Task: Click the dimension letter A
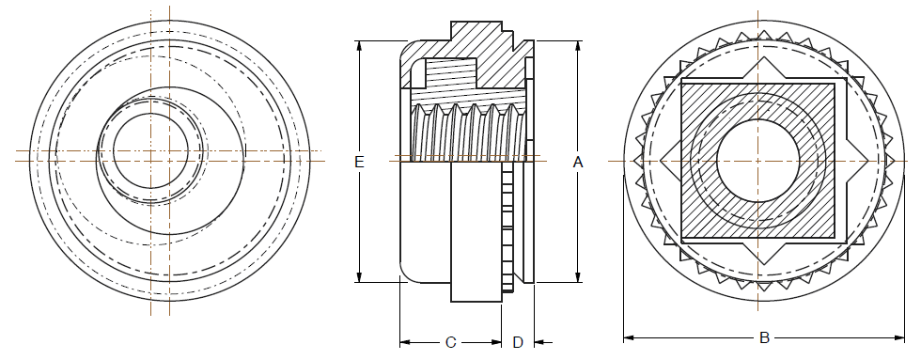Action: [578, 162]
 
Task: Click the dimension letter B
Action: [764, 337]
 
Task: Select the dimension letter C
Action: [450, 342]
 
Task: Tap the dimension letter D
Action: [518, 342]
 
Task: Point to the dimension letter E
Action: [359, 162]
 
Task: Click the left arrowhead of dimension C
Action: [405, 342]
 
